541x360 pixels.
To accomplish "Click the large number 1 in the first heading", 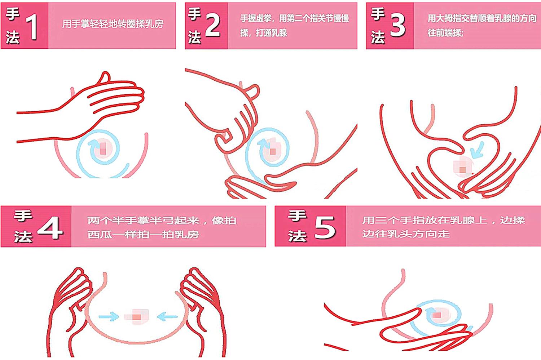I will pos(33,27).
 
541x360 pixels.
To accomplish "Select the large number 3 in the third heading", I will pos(397,26).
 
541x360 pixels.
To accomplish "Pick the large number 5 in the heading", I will pos(325,228).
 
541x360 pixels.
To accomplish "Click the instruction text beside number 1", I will pos(113,24).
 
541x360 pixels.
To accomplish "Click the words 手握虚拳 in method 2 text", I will pos(255,18).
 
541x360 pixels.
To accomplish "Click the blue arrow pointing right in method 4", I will pos(109,316).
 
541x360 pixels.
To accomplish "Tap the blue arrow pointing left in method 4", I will pos(167,317).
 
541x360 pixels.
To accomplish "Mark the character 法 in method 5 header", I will pos(297,236).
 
